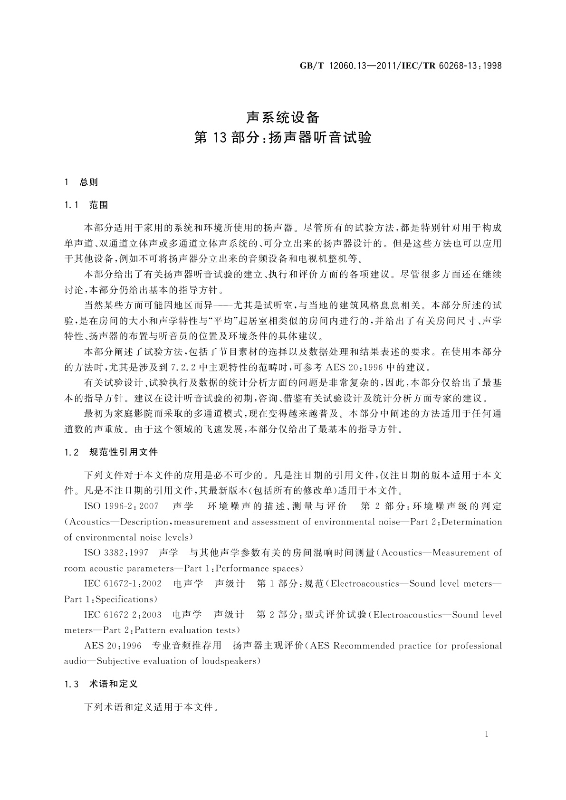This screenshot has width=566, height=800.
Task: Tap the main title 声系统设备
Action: (282, 117)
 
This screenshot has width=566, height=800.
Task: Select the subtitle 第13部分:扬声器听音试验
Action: (282, 138)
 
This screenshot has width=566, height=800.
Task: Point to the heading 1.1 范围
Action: (86, 205)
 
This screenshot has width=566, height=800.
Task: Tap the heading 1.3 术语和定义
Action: (101, 684)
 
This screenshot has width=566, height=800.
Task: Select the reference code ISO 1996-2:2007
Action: (121, 506)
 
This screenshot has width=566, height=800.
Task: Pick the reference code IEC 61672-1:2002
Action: (123, 583)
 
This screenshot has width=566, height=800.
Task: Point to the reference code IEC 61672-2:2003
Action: (123, 615)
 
